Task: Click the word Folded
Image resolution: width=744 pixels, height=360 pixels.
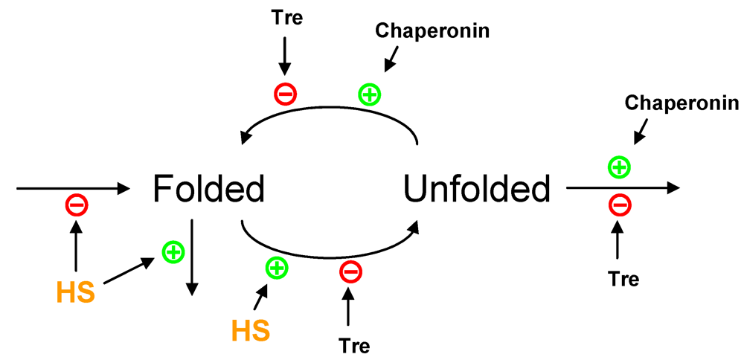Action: tap(208, 189)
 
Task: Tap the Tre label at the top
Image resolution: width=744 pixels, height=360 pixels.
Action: tap(287, 19)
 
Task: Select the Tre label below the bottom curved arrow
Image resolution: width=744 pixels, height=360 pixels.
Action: tap(353, 345)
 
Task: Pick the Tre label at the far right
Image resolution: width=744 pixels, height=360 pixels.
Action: tap(623, 279)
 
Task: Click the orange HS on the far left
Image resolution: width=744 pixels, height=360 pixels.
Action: tap(75, 292)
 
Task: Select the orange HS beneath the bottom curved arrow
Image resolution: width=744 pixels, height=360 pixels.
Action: tap(251, 330)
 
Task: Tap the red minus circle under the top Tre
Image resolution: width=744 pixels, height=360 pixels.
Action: tap(286, 94)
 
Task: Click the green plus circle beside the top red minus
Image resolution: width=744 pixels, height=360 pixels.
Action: tap(369, 94)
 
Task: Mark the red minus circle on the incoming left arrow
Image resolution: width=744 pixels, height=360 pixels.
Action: tap(77, 205)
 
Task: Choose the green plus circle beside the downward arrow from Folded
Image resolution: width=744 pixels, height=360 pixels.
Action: tap(173, 251)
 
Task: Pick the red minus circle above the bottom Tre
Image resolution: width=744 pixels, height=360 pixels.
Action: tap(350, 271)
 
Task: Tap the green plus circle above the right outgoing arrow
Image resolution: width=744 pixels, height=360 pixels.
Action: tap(619, 167)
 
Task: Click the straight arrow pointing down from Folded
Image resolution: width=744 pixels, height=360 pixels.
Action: tap(192, 257)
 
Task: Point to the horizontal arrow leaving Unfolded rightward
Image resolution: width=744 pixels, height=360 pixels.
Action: tap(623, 187)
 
